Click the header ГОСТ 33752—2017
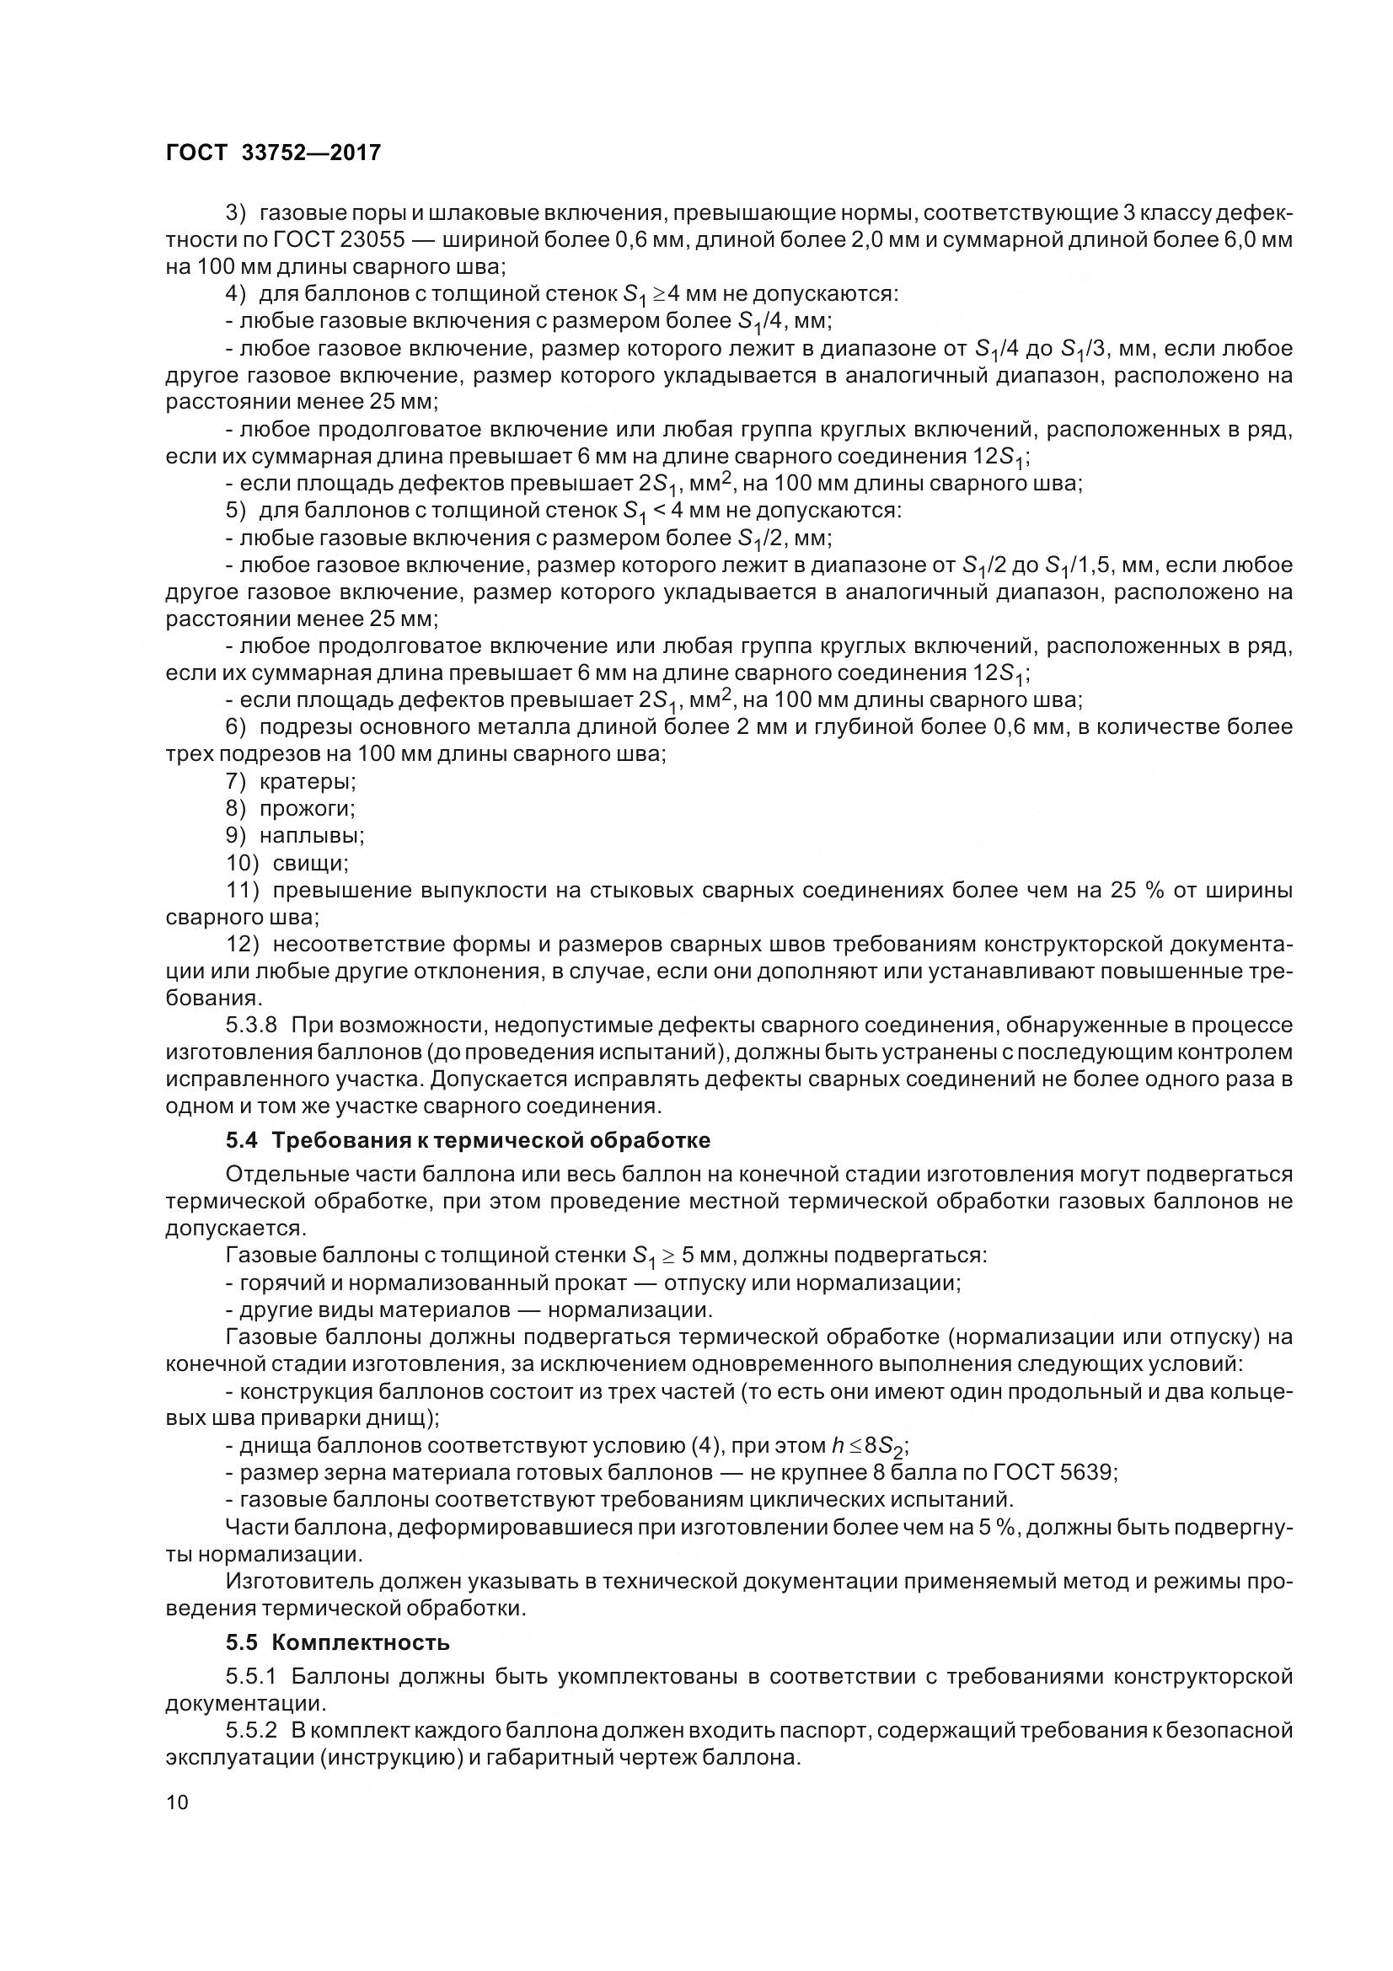click(272, 153)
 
